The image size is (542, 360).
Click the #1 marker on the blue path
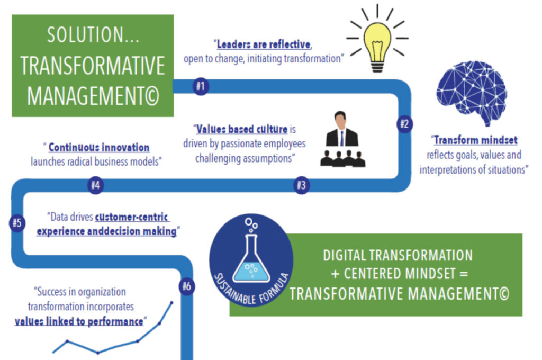click(x=200, y=86)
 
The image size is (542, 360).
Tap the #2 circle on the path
click(x=404, y=124)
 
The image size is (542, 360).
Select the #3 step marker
click(x=301, y=185)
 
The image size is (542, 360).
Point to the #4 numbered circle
click(x=96, y=185)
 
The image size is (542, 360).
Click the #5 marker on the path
click(x=16, y=222)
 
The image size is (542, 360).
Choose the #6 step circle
click(x=187, y=286)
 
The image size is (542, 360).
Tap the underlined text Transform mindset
click(x=475, y=141)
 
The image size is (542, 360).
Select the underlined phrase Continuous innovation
click(x=99, y=148)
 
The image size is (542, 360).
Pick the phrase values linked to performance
click(x=79, y=321)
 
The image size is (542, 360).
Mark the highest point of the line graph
click(x=171, y=303)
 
